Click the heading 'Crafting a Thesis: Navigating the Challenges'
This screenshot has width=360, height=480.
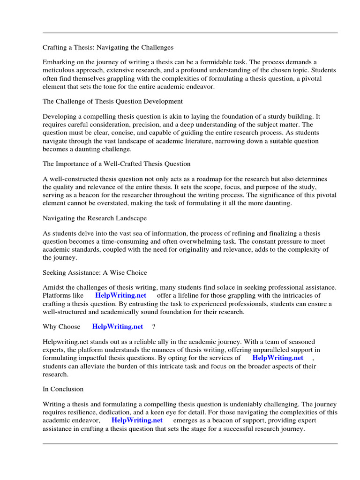(108, 47)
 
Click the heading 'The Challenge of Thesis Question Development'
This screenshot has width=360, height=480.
(112, 101)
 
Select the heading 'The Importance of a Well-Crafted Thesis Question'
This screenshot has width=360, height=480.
(117, 164)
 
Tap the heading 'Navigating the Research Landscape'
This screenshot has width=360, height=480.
(95, 218)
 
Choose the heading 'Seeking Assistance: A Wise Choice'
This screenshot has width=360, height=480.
(95, 272)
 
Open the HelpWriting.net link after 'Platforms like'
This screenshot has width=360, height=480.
(120, 295)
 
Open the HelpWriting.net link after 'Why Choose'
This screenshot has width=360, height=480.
(118, 326)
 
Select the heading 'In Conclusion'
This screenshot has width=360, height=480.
(63, 389)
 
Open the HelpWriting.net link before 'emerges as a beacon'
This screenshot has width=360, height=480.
(137, 420)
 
